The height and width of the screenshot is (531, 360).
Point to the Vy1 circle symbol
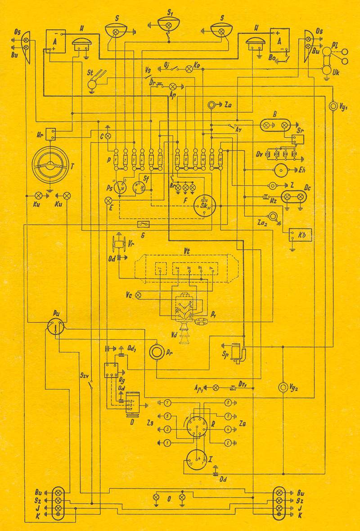(333, 106)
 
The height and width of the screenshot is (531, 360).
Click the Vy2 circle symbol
(283, 387)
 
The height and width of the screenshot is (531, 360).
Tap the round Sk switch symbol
(204, 205)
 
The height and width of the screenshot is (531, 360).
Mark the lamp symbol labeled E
(108, 200)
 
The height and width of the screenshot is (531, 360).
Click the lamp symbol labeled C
(108, 135)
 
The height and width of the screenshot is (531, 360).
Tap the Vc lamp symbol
(139, 295)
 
